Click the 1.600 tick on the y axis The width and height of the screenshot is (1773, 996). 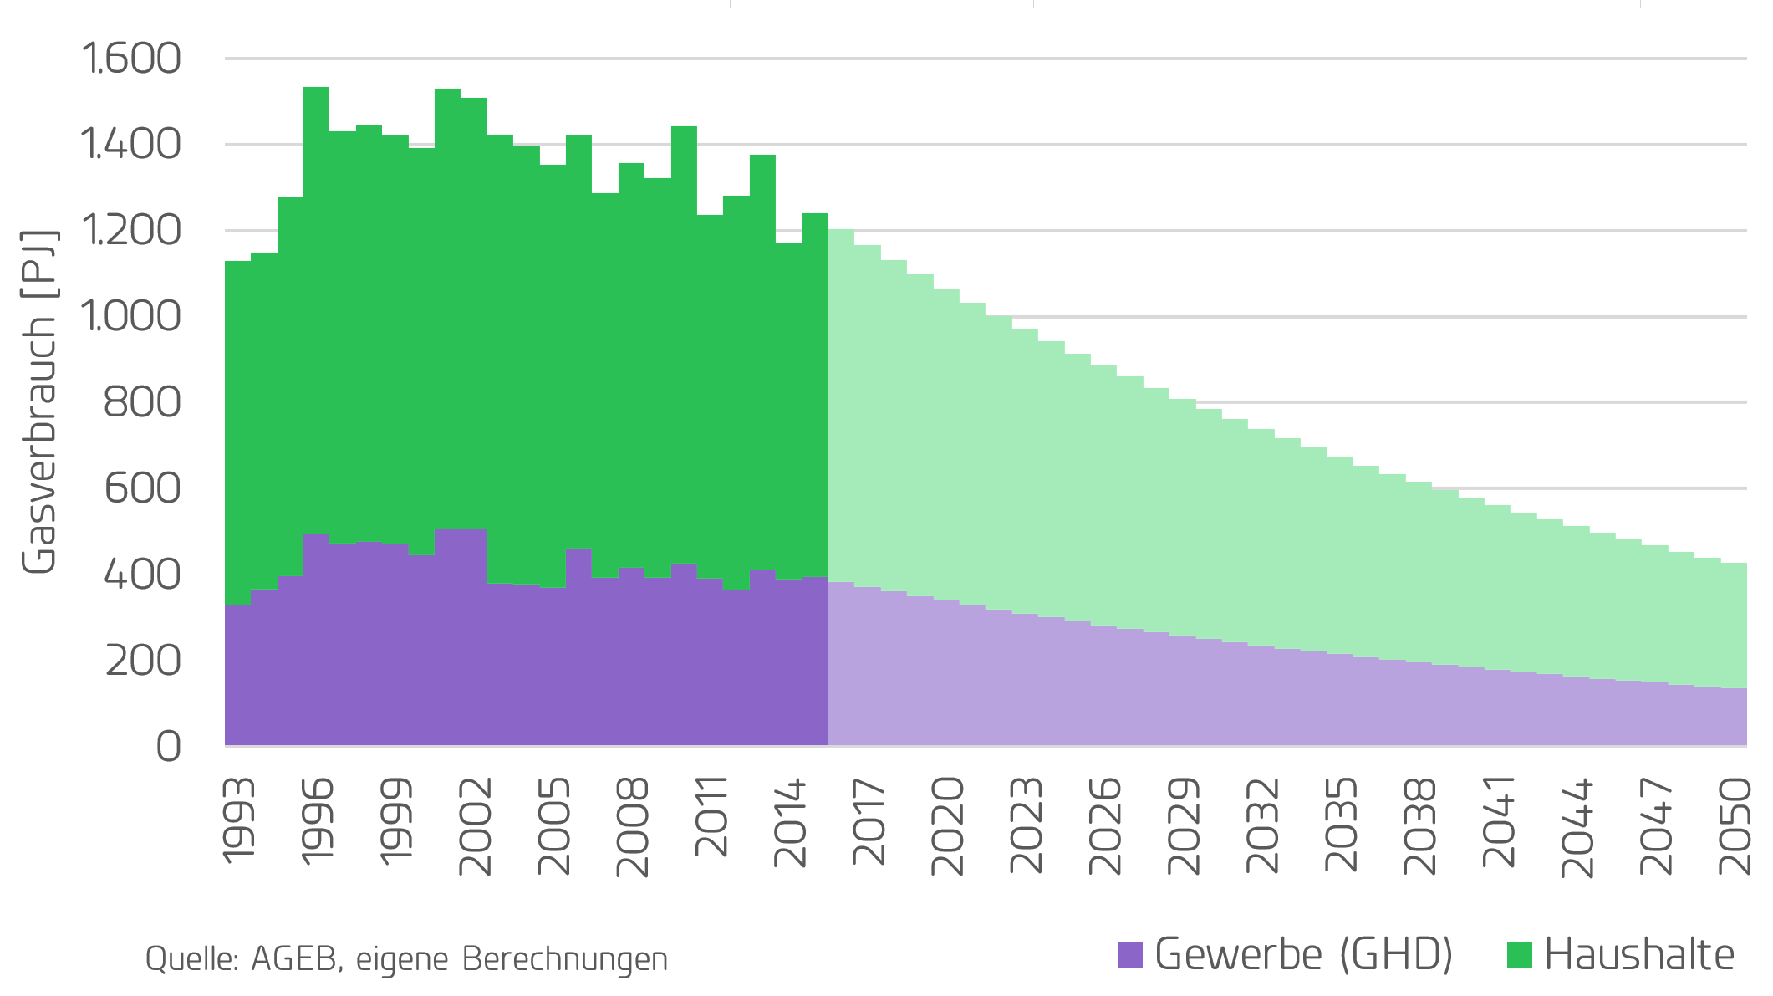point(130,59)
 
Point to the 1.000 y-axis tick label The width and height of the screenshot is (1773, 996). point(130,316)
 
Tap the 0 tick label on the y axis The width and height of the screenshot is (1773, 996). point(168,746)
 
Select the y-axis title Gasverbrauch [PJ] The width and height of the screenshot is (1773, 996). point(38,401)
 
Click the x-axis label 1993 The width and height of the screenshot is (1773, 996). point(238,820)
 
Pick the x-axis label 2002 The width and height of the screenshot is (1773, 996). point(475,826)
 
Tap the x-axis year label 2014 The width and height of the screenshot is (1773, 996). point(790,823)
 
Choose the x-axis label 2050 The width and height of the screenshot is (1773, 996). point(1735,826)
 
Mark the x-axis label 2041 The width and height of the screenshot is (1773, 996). point(1499,821)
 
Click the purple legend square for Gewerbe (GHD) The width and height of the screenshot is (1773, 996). point(1129,955)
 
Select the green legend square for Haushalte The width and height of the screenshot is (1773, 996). point(1519,955)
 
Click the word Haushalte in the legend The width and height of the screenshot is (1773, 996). point(1638,955)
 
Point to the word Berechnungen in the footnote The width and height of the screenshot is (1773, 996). point(565,959)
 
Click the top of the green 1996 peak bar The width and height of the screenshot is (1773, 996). point(316,89)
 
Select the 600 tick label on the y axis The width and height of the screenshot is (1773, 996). point(142,488)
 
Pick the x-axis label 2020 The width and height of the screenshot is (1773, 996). point(947,826)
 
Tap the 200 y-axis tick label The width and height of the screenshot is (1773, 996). point(143,661)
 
